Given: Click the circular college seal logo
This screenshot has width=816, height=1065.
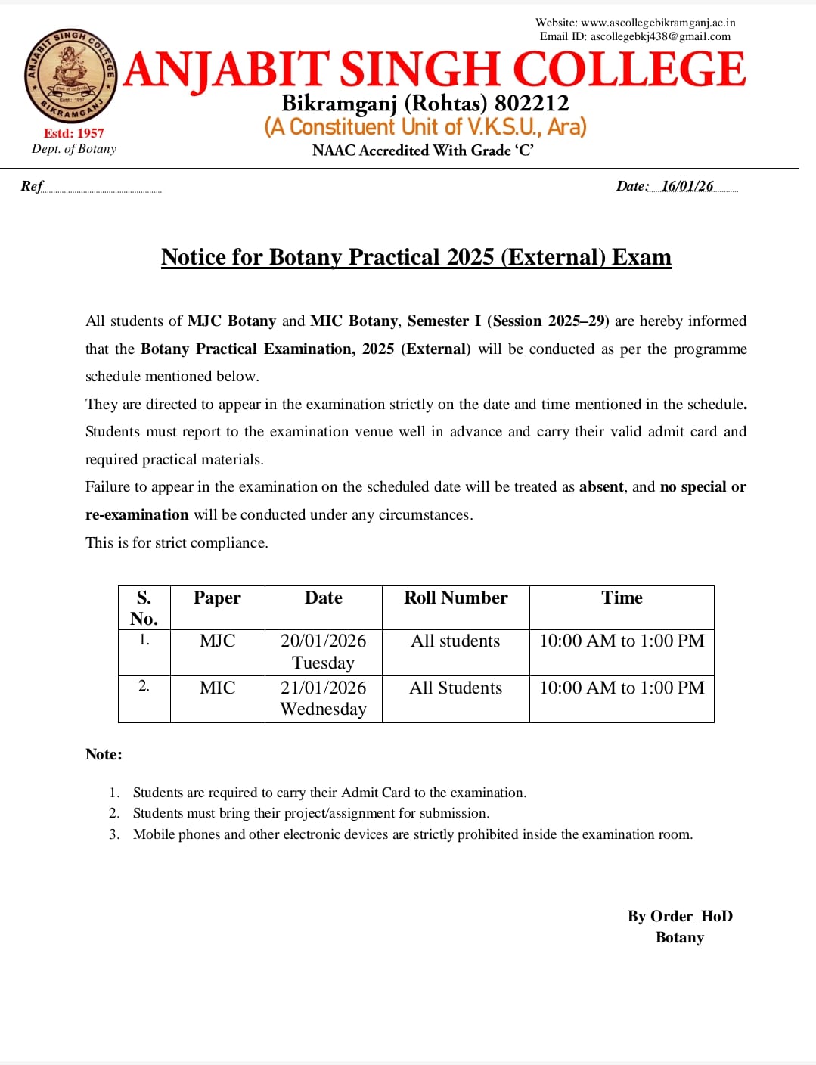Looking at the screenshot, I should coord(70,76).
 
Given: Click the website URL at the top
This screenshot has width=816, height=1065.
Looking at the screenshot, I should coord(657,23).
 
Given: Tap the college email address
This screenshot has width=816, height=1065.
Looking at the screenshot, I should coord(660,36).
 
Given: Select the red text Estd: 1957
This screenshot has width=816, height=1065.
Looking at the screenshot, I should coord(73,133).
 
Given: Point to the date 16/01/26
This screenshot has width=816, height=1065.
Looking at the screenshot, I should coord(687,186).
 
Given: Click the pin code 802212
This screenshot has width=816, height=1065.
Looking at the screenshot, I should coord(532,103).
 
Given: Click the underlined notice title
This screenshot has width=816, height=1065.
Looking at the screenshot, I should coord(416,257).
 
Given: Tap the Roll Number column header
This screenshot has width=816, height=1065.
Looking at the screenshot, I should coord(455,598).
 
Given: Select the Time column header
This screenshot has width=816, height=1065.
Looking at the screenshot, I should coord(622,598).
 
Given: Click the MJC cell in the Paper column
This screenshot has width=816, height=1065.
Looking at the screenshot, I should coord(217,641).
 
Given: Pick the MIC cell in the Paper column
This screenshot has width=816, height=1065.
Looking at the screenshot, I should coord(217,688).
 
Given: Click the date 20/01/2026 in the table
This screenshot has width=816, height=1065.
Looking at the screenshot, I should coord(323,641).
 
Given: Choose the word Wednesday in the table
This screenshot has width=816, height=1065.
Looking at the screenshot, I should coord(323,709).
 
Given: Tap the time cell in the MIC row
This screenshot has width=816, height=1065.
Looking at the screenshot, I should coord(622,688).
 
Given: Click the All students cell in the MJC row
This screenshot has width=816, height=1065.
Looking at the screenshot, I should coord(455,641).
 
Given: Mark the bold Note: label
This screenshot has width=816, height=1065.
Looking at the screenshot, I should coord(104,754).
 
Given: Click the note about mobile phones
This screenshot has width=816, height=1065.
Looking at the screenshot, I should coord(412,834).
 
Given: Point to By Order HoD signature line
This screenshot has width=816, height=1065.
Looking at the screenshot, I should coord(680,916).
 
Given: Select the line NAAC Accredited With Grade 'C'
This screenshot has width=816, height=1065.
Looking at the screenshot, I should coord(423,151).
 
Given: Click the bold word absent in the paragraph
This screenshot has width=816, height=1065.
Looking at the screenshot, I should coord(601,486).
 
